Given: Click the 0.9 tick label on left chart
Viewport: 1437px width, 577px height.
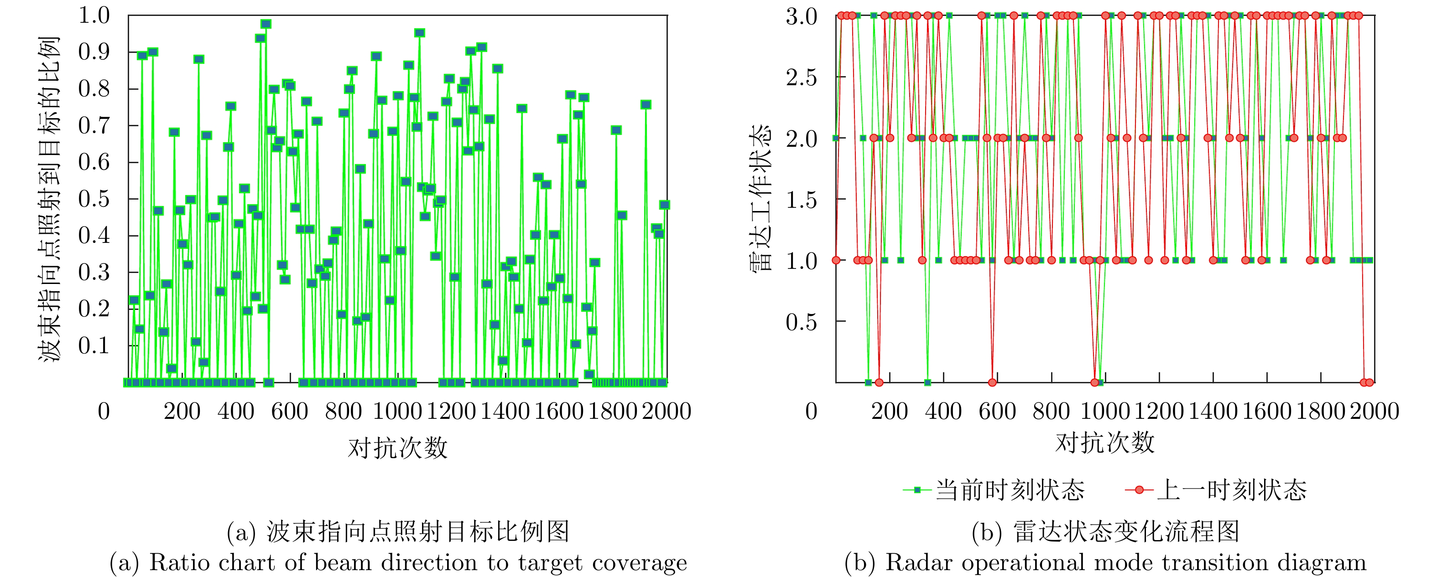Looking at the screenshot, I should (x=94, y=52).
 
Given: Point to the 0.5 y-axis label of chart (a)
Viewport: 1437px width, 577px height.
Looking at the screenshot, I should (x=94, y=199).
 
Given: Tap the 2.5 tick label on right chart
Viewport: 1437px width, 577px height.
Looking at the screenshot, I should (x=802, y=77).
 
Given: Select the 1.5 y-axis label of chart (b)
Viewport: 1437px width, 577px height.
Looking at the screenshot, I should (x=802, y=200).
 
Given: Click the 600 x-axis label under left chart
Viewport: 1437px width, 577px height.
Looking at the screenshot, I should (x=290, y=412).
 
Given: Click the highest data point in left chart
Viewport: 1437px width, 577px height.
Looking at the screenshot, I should (x=266, y=24).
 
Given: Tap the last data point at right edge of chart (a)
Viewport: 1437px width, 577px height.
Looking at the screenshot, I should (x=664, y=205).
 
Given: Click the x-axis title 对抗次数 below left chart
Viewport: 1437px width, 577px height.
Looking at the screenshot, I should (x=398, y=448).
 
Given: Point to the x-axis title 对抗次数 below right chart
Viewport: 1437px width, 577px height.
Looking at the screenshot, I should (x=1104, y=443).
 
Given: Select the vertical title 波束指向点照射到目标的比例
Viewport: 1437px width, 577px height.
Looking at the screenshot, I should (x=49, y=199).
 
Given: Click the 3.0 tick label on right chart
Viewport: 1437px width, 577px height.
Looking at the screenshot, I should (x=802, y=17).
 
